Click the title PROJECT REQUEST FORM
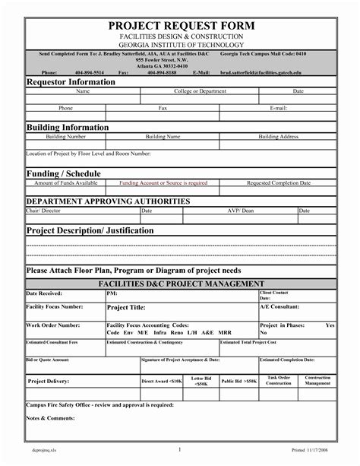(179, 27)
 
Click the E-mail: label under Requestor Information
(277, 109)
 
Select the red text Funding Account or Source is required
(163, 183)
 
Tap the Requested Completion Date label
(279, 183)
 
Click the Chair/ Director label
(43, 210)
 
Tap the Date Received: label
(44, 293)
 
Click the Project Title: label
(126, 308)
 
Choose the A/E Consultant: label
(280, 306)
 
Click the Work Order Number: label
(54, 325)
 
